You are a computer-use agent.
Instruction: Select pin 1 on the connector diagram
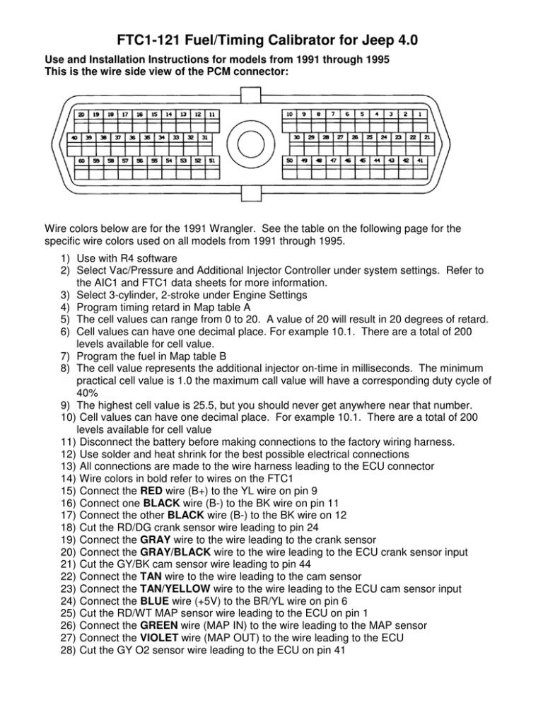pyautogui.click(x=420, y=113)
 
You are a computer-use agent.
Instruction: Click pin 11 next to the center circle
pyautogui.click(x=212, y=114)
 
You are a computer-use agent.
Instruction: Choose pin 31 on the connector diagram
pyautogui.click(x=204, y=137)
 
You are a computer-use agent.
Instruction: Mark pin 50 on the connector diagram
pyautogui.click(x=289, y=161)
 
